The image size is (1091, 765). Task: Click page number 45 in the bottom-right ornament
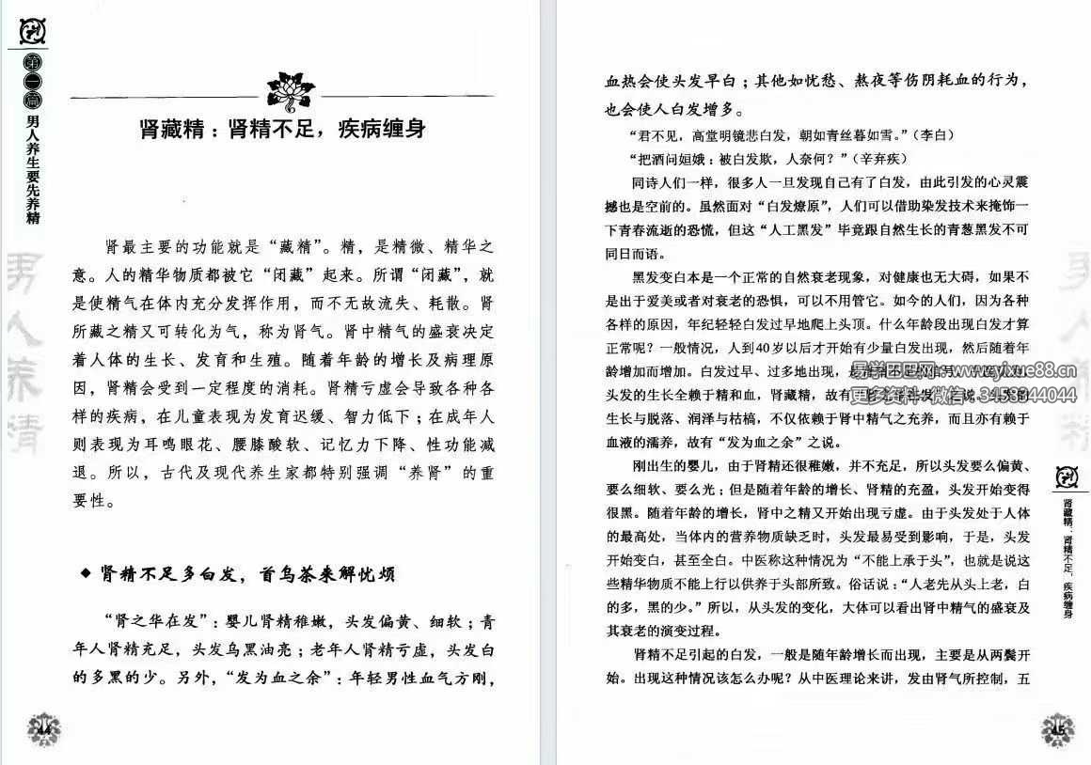[x=1058, y=729]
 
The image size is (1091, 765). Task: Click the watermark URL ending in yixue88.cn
[x=1020, y=370]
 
